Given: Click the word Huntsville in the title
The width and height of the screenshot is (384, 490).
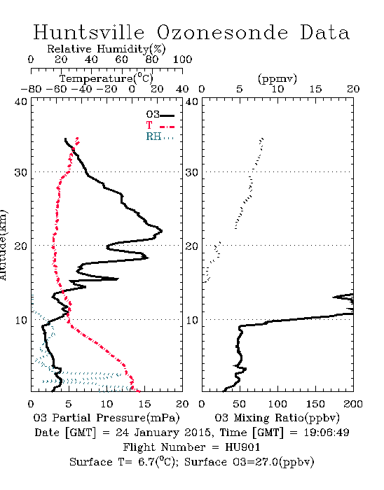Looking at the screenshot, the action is point(89,32).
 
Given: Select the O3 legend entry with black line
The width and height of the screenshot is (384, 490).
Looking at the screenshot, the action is point(160,115).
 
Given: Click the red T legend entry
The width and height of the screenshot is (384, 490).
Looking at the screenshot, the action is point(160,125).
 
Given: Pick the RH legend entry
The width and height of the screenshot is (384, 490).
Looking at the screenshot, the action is point(160,136).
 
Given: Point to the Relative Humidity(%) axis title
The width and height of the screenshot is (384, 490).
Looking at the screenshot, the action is point(107,49).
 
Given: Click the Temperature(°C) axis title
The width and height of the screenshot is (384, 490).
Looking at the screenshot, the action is point(107,78).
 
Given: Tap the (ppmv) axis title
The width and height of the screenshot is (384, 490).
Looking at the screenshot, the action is point(277,78).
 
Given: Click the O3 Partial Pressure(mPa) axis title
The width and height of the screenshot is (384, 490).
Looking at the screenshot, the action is point(107,417).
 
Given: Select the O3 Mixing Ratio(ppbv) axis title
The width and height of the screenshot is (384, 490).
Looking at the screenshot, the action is point(277,417).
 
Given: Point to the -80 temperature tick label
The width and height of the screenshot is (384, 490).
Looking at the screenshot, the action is point(31,90).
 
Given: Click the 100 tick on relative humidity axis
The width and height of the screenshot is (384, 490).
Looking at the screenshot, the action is point(182,59).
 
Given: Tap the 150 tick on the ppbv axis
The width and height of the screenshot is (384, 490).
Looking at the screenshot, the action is point(315,404).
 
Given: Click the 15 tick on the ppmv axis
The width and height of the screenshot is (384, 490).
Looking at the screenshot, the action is point(315,90).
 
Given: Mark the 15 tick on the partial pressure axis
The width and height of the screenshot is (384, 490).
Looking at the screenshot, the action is point(144,404).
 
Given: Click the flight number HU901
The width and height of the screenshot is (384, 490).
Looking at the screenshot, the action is point(242,447).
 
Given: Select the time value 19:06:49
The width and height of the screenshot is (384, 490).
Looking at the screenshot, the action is point(327,433).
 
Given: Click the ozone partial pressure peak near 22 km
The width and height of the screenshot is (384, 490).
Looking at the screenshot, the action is point(162,231).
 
